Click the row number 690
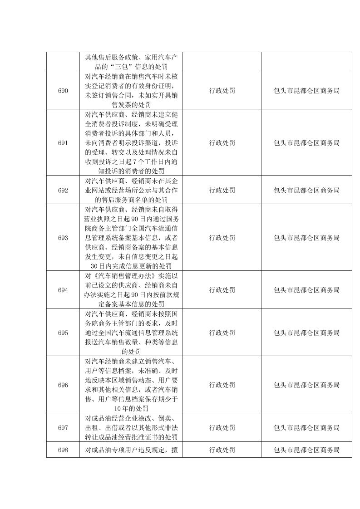[63, 91]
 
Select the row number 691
[63, 143]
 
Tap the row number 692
[63, 191]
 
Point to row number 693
[63, 238]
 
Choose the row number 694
[63, 290]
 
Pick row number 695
[63, 333]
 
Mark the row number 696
[63, 385]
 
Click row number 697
[63, 427]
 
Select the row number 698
[63, 450]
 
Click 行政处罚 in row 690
[222, 91]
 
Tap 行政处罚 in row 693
[222, 238]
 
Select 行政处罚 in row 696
[222, 385]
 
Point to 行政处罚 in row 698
[222, 450]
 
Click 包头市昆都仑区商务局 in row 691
[306, 143]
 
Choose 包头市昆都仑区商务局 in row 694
[306, 290]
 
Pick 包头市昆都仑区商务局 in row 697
[306, 427]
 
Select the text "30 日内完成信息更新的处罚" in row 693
[131, 266]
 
